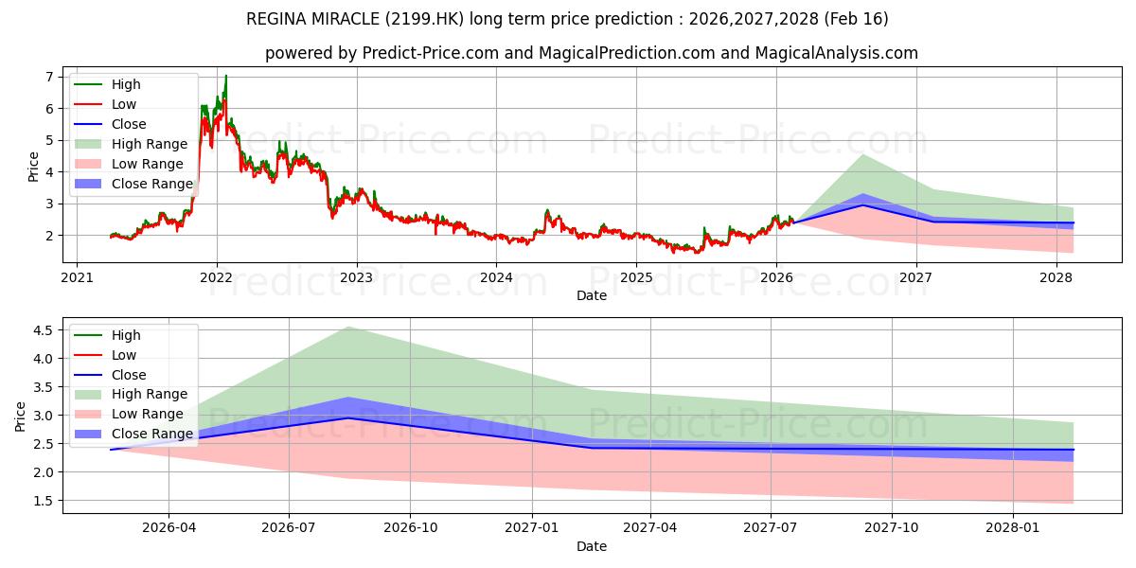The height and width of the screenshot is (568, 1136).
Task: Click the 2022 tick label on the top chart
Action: (216, 277)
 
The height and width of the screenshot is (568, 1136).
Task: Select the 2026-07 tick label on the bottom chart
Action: (289, 528)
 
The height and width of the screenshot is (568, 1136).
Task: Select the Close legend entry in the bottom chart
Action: (129, 375)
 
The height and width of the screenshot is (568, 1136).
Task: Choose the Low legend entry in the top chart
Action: (124, 104)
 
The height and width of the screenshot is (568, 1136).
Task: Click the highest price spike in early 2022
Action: (225, 76)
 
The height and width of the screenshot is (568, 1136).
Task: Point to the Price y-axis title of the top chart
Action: (34, 167)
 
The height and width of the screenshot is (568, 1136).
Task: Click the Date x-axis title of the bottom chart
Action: (592, 546)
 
